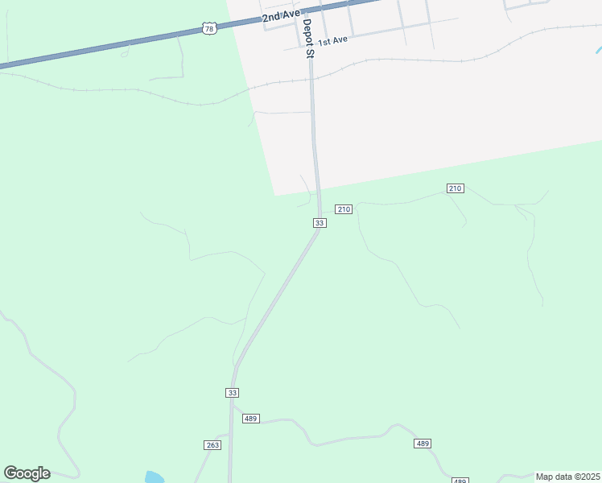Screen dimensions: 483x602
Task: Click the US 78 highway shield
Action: pos(209,29)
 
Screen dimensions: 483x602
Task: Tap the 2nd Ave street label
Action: pos(281,15)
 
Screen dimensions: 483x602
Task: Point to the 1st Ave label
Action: pos(332,39)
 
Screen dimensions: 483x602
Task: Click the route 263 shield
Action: pos(212,445)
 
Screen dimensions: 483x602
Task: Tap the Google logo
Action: pos(27,473)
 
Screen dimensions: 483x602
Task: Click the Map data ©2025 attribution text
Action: pos(567,477)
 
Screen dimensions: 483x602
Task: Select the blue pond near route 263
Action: pos(155,477)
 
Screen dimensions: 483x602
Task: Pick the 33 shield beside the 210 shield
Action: pos(320,222)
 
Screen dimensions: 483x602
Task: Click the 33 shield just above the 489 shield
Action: pos(233,392)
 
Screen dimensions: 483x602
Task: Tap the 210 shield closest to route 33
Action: pos(344,209)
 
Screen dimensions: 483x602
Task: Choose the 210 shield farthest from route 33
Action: pos(455,188)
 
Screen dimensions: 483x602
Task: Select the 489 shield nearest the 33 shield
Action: pos(250,419)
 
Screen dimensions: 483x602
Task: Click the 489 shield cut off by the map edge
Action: pos(460,481)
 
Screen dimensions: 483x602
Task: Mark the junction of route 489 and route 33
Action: pos(232,419)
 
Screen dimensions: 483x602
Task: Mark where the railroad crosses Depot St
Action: pos(311,79)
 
